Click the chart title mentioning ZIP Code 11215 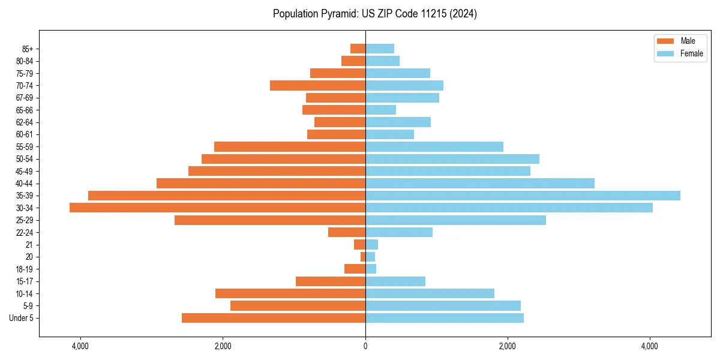click(x=374, y=14)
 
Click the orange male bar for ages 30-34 click(x=217, y=208)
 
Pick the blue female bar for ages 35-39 click(x=523, y=196)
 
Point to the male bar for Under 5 click(x=274, y=318)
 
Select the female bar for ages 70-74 click(x=404, y=85)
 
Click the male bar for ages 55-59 click(x=290, y=146)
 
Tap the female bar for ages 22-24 click(x=399, y=232)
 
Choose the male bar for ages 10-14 click(x=290, y=293)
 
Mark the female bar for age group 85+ click(x=380, y=49)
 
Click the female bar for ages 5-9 click(x=443, y=305)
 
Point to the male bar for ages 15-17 click(x=331, y=281)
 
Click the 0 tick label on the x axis click(x=365, y=346)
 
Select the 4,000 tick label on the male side click(x=80, y=346)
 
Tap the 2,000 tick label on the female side click(x=508, y=346)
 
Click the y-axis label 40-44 click(x=24, y=184)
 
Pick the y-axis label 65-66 click(x=24, y=110)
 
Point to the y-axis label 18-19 click(x=24, y=269)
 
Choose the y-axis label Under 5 click(x=22, y=318)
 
